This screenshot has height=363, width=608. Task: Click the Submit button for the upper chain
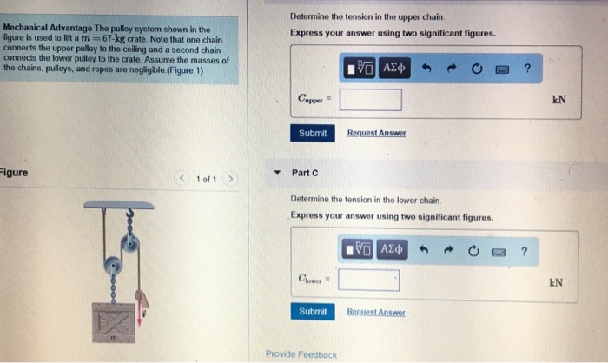[313, 133]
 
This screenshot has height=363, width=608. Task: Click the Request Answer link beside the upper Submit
[376, 133]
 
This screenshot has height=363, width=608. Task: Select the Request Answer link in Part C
[375, 312]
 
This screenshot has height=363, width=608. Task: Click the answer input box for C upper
[370, 100]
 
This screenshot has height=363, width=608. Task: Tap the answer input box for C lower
[369, 280]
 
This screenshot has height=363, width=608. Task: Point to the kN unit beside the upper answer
[559, 100]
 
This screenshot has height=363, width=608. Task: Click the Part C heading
[306, 173]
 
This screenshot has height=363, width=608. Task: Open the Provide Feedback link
[301, 353]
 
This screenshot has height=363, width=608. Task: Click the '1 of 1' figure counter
[205, 179]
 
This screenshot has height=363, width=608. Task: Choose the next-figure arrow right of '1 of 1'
[230, 179]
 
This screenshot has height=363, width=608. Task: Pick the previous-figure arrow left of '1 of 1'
[181, 179]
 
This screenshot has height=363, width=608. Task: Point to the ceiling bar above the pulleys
[120, 205]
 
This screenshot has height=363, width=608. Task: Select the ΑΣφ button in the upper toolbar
[394, 68]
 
